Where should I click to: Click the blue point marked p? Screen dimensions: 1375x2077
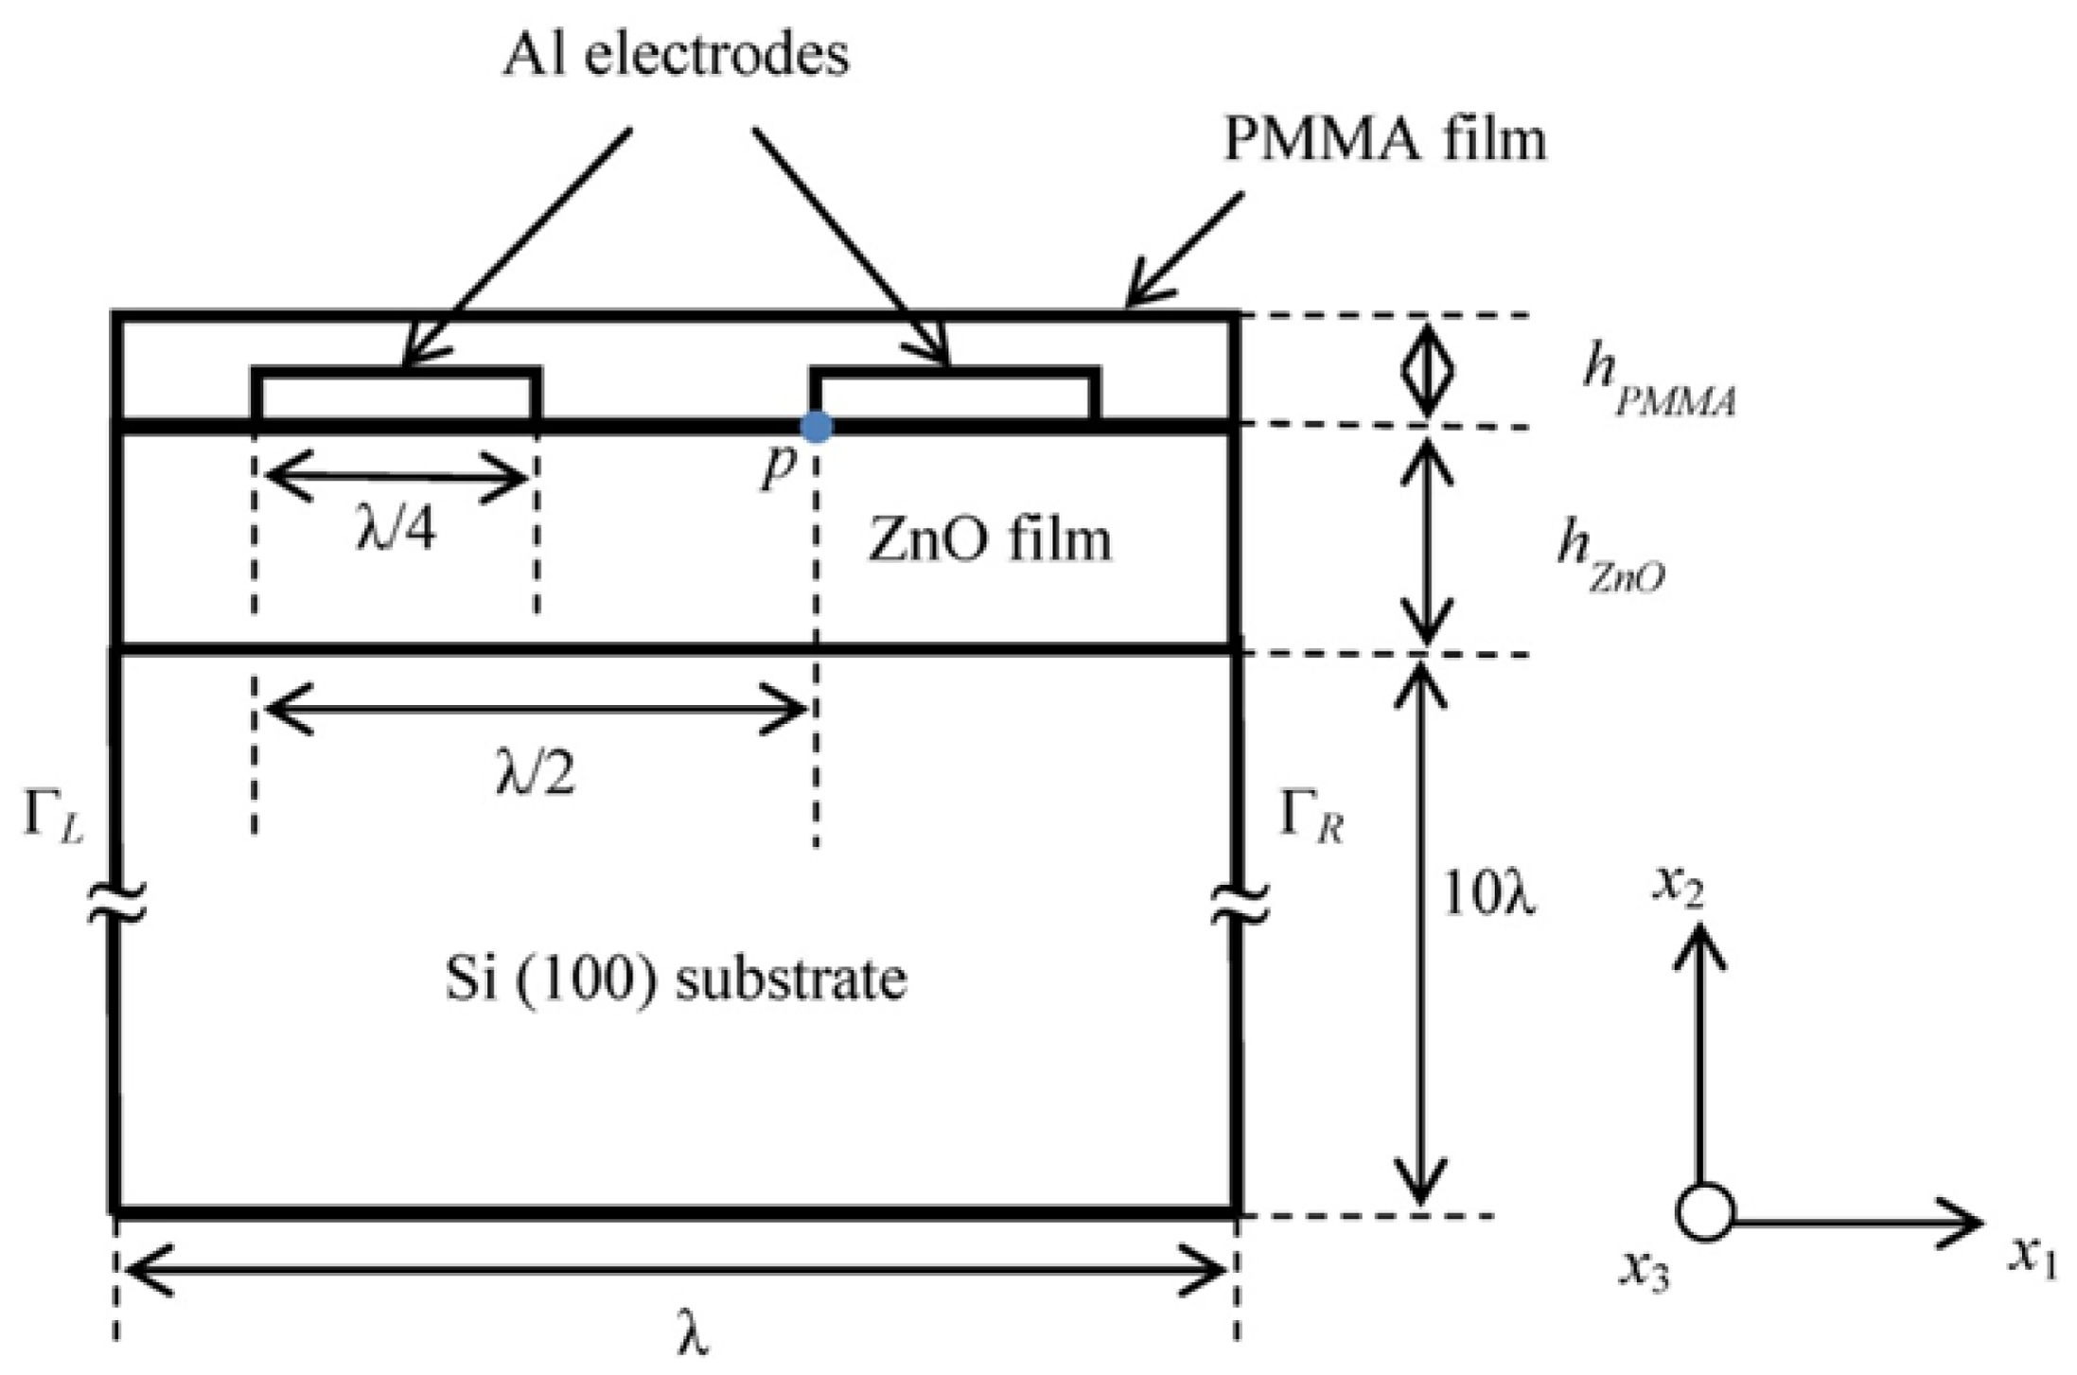[x=816, y=427]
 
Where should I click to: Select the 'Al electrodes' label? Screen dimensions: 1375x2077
[x=675, y=55]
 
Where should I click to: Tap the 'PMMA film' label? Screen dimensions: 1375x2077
[x=1384, y=140]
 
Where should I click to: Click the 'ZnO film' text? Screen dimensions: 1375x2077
[x=989, y=542]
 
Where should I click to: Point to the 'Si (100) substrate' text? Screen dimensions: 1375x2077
[x=676, y=978]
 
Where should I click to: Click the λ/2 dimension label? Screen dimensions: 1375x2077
[x=535, y=774]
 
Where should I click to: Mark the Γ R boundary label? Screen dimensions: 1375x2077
[x=1311, y=815]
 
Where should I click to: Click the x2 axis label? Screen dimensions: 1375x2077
[x=1677, y=887]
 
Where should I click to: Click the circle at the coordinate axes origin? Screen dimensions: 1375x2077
[x=1705, y=1211]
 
